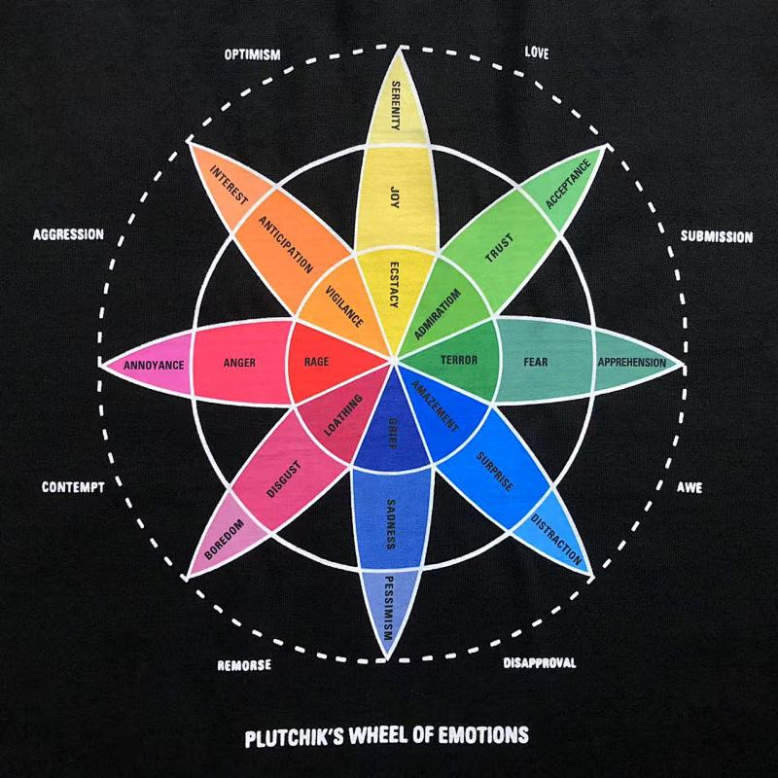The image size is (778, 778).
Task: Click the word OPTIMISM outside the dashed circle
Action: (x=252, y=54)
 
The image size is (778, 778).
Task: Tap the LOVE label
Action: (x=537, y=53)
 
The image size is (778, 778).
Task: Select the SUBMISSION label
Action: (x=717, y=236)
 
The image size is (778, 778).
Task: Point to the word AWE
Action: (x=690, y=487)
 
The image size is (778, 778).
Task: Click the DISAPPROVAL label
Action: (x=540, y=663)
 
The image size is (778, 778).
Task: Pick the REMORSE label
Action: (x=244, y=665)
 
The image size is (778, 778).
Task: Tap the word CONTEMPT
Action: (x=73, y=487)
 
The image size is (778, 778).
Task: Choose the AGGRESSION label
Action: (x=68, y=234)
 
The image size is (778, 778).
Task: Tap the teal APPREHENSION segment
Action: (x=633, y=363)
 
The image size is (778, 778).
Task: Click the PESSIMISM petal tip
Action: (x=390, y=611)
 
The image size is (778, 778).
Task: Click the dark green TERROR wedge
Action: (x=456, y=360)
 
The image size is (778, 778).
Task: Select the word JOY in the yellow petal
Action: (x=395, y=197)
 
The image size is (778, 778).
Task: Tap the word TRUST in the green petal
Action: (x=500, y=248)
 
